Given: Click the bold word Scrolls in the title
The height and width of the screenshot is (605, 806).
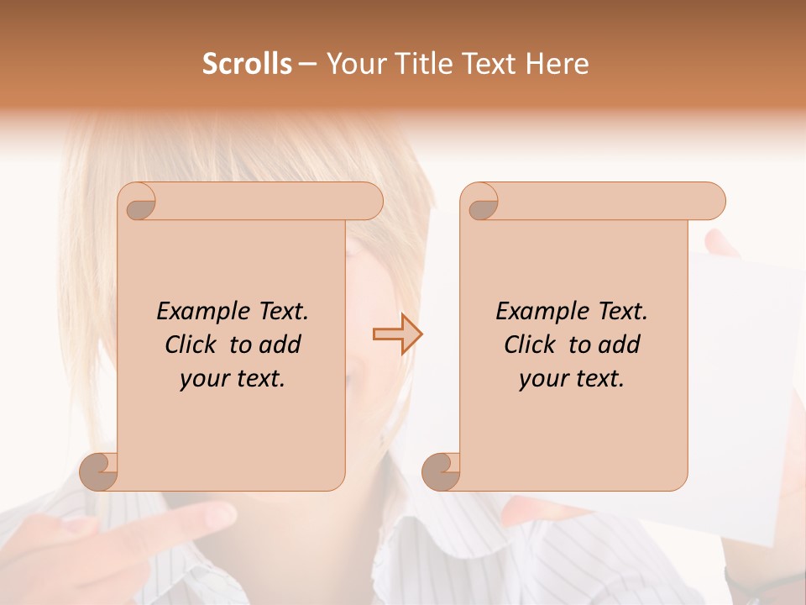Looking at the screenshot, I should (248, 64).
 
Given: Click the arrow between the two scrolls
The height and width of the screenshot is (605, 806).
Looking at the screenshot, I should (397, 334).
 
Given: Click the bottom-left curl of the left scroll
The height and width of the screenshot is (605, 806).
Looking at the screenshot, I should (99, 471).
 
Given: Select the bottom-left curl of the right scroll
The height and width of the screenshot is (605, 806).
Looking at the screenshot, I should (441, 471).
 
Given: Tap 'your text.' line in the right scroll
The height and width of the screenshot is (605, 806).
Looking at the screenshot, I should (572, 379).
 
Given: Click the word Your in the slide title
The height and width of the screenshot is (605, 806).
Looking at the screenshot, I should (353, 64).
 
